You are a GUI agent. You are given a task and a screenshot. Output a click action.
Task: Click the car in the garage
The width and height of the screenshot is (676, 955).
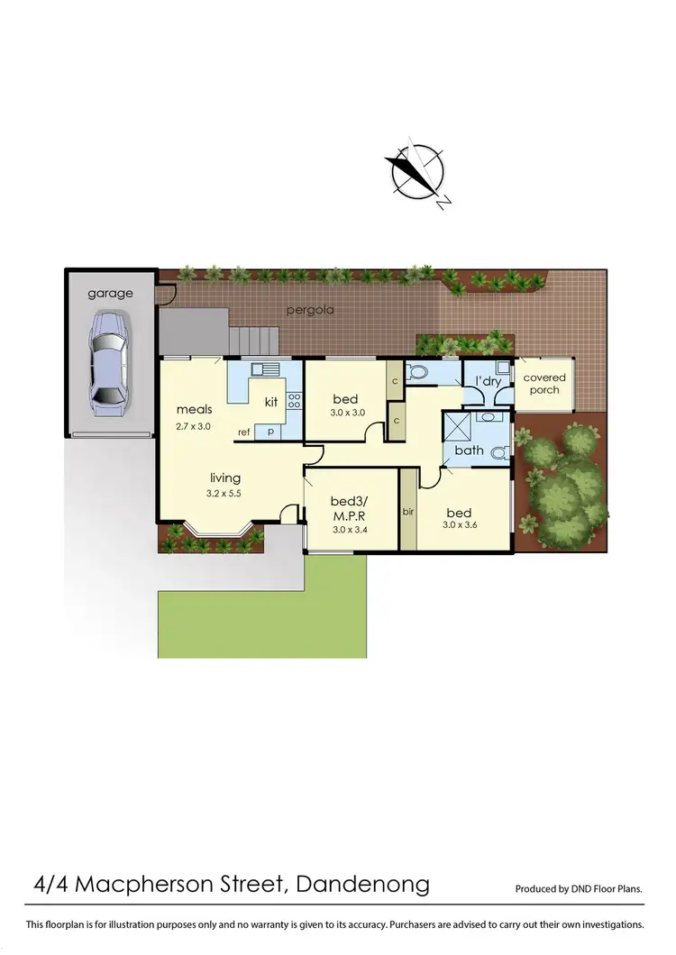point(106,363)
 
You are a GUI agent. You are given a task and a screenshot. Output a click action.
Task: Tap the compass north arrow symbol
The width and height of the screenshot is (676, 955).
point(416,171)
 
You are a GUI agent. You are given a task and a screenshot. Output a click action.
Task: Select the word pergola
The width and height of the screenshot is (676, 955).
point(310,310)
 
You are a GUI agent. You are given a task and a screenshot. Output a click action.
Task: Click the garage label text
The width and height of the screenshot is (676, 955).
point(110,293)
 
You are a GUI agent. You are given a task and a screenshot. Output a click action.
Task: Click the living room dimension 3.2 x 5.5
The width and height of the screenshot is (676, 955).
point(224,495)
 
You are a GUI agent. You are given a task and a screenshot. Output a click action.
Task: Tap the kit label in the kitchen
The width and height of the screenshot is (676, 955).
point(271,402)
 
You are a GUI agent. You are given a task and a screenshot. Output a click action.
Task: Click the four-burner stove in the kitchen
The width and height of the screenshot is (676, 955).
point(294,402)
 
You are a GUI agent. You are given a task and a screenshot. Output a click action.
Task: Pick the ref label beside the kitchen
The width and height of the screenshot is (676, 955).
point(243,432)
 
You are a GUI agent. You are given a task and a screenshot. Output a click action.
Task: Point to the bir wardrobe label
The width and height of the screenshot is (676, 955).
point(407,512)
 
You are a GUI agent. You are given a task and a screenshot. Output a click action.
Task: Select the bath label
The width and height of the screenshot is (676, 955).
point(469,450)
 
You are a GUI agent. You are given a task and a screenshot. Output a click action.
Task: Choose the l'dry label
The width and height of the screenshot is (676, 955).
point(488,381)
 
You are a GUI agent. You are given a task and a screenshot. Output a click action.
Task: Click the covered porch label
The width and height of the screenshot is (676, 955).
point(544,384)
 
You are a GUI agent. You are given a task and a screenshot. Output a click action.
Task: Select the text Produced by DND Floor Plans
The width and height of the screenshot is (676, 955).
point(579,888)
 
